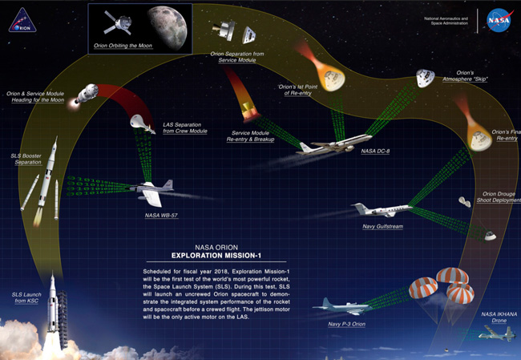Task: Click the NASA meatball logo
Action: coord(499,20)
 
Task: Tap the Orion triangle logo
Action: coord(22,20)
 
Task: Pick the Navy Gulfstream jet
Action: coord(382,210)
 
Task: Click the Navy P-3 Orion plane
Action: coord(341,306)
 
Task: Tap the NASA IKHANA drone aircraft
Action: coord(495,333)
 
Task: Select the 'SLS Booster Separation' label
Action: coord(26,157)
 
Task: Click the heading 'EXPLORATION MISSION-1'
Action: coord(208,257)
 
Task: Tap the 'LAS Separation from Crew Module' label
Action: coord(185,127)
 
